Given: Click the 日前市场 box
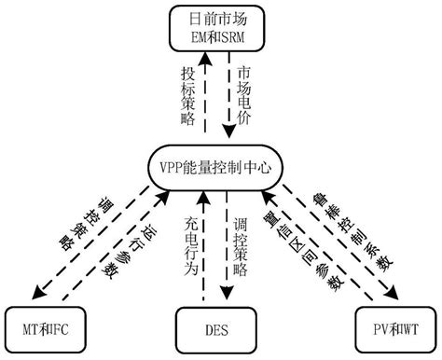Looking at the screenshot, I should (x=221, y=27).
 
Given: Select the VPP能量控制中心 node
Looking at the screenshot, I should (x=220, y=167).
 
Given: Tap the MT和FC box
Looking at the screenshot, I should (x=46, y=330).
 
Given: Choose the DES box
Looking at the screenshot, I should (x=220, y=330).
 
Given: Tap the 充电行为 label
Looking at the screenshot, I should (x=192, y=244).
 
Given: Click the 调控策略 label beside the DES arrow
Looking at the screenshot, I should (x=244, y=244).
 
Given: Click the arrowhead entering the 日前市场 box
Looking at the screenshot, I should (x=210, y=58).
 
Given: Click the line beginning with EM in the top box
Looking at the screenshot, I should (x=221, y=35).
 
